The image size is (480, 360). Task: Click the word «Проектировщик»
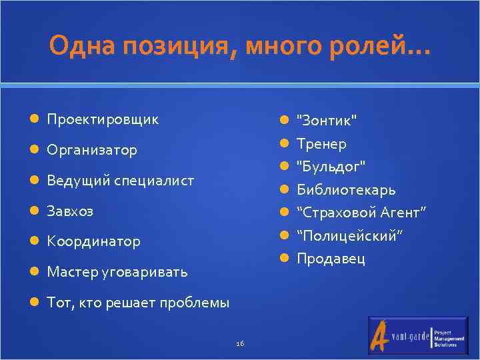coord(103,119)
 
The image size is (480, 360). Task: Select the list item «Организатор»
coord(92,150)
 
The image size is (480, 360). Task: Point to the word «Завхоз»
coord(70,211)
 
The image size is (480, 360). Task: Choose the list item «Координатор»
coord(93,241)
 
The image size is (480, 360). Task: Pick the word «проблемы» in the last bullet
coord(198,303)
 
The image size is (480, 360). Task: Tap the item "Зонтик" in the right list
coord(327,120)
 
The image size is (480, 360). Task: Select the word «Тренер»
coord(321,143)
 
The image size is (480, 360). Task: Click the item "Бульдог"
coord(331,166)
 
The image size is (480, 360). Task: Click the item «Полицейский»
coord(350,236)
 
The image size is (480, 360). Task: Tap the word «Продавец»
coord(331,259)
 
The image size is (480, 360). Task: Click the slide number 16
coord(240,343)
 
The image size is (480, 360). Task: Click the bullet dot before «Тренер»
coord(283,143)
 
